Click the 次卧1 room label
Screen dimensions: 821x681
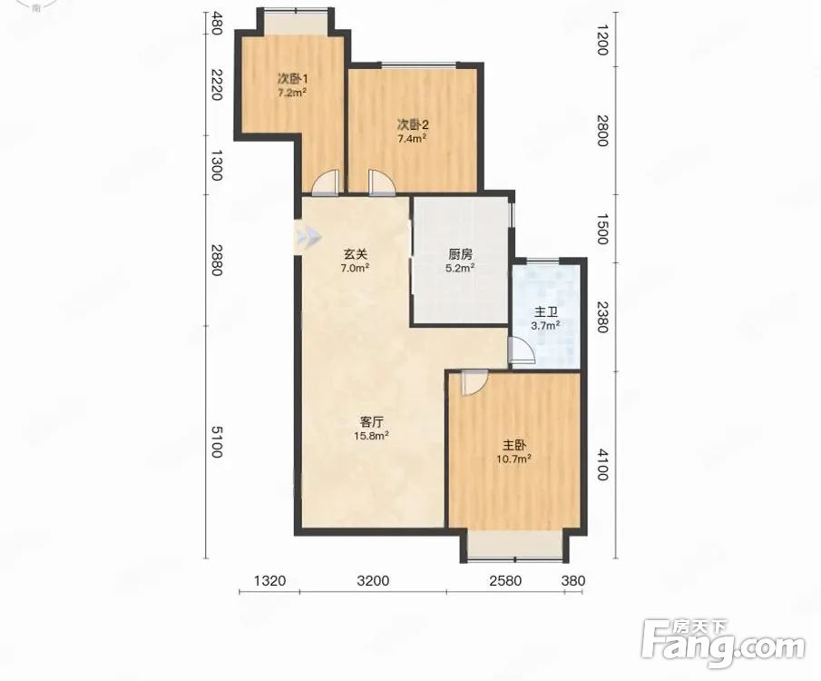(292, 79)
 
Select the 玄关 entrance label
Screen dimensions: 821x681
(356, 254)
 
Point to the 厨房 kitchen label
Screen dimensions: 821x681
(461, 255)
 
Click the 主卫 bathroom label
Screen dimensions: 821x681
(545, 312)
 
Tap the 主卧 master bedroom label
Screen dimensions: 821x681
(514, 446)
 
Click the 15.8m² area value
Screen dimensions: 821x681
(371, 436)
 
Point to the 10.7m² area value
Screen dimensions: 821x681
(514, 459)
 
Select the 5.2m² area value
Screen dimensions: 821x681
(461, 269)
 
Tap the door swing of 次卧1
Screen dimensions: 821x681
(327, 183)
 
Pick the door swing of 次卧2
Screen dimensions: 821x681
(382, 183)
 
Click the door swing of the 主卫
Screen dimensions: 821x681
(522, 350)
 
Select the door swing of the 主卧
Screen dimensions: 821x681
(474, 382)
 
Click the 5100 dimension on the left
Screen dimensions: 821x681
(216, 441)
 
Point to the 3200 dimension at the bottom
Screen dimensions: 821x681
(374, 581)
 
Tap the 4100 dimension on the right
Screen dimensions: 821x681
(602, 465)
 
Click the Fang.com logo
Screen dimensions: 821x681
(722, 645)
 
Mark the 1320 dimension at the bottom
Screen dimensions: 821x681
(269, 581)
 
